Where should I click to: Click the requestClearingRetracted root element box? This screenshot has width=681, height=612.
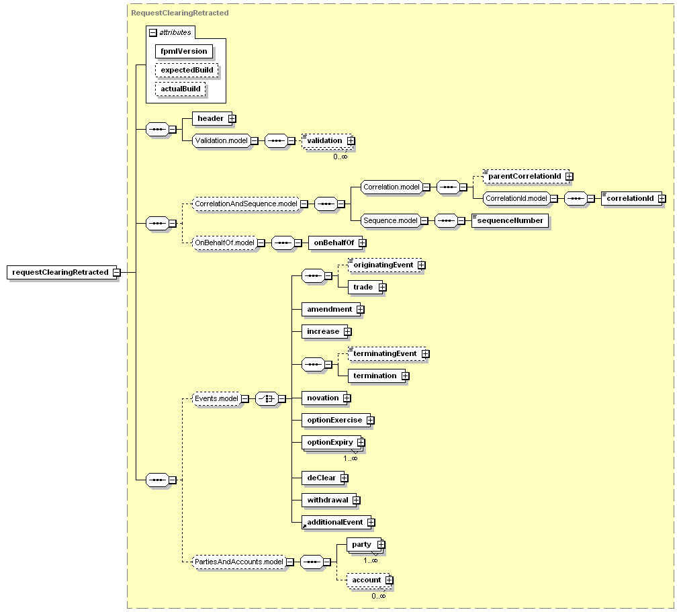60,272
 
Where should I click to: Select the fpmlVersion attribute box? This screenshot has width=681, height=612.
184,51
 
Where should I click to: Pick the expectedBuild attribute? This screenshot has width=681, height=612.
187,70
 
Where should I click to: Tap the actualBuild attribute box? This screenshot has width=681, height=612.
181,89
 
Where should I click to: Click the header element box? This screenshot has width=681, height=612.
210,118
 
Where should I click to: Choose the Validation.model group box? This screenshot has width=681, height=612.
221,140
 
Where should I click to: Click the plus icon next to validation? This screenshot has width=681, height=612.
351,141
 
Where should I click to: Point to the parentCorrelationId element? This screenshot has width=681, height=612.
524,176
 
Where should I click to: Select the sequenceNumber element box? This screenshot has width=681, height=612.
510,220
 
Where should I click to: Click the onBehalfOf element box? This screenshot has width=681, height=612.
333,243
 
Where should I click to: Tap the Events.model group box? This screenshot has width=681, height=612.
216,398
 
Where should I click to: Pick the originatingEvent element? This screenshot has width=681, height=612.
383,265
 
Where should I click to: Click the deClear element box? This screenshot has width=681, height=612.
321,478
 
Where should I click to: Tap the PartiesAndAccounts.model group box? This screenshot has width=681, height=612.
238,562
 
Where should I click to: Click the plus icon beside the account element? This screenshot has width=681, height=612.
389,580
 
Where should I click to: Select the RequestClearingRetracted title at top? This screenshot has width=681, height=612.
180,13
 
